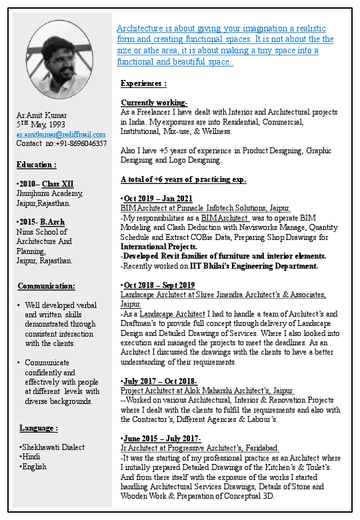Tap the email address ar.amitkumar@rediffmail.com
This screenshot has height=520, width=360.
point(61,134)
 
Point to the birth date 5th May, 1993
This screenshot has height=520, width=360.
point(41,125)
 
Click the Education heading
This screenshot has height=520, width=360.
point(36,165)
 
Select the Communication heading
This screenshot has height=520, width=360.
point(46,287)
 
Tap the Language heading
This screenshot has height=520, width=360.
point(39,428)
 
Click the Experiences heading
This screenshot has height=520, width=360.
point(143,84)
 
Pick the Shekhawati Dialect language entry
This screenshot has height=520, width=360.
point(53,447)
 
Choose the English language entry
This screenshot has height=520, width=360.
point(34,467)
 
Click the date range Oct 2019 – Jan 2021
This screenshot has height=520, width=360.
point(158,199)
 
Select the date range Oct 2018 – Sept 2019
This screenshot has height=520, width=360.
point(159,285)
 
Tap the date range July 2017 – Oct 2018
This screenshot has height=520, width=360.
point(160,381)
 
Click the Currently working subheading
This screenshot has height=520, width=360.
point(154,103)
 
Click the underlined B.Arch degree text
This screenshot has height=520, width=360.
point(53,221)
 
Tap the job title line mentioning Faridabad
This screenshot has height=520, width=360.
point(200,449)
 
